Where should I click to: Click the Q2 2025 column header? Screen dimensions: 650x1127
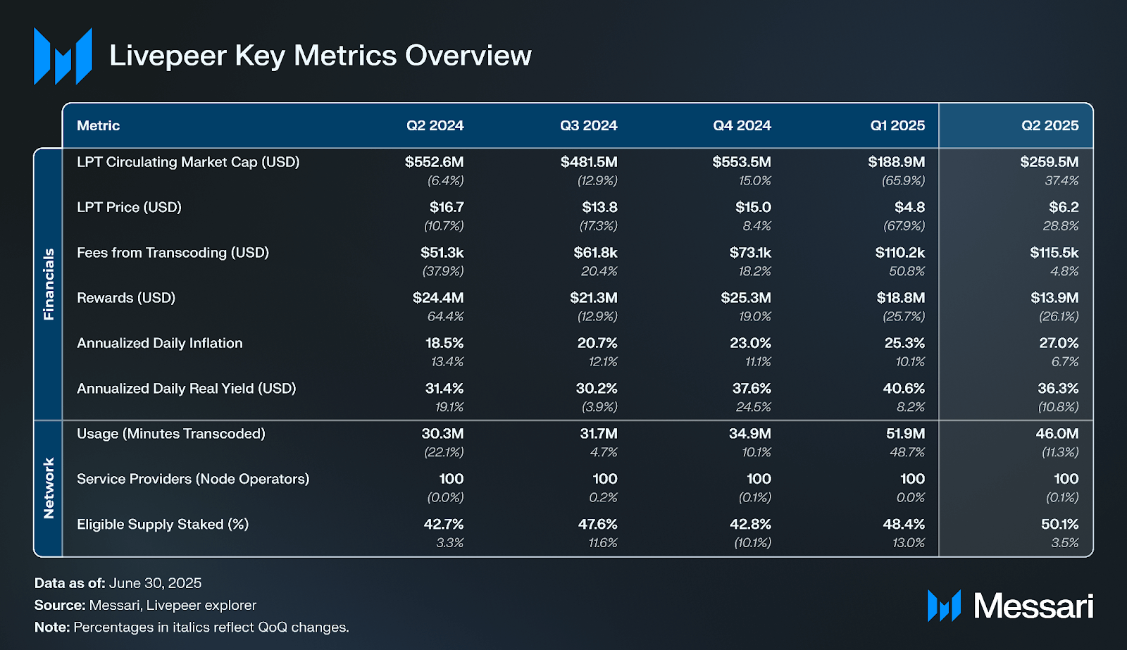point(1050,125)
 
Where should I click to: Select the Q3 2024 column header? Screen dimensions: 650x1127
point(588,125)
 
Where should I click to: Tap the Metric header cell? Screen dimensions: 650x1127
point(98,125)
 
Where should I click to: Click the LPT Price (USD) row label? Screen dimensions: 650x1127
point(129,207)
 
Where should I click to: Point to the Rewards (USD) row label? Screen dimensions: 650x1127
point(126,298)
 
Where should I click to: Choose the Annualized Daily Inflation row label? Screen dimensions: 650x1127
point(159,343)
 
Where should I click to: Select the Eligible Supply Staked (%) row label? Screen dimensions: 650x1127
point(163,524)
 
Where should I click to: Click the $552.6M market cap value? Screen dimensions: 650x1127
point(434,162)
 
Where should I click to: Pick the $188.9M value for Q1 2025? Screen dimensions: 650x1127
point(896,162)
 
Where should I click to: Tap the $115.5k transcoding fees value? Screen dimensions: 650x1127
point(1054,252)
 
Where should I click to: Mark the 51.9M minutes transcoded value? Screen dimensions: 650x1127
point(905,434)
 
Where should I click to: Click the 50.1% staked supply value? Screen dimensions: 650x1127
point(1059,524)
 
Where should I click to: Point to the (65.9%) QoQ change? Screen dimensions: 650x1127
point(903,181)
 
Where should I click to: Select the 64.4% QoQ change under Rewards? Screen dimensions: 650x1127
point(445,317)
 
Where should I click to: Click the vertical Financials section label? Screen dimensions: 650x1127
point(49,284)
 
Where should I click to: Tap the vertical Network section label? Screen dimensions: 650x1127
point(49,488)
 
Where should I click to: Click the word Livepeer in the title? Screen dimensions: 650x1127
point(168,56)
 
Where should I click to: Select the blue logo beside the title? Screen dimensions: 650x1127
point(63,56)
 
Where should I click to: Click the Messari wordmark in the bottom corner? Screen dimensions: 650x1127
point(1033,606)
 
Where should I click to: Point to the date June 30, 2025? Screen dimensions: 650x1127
point(155,583)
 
